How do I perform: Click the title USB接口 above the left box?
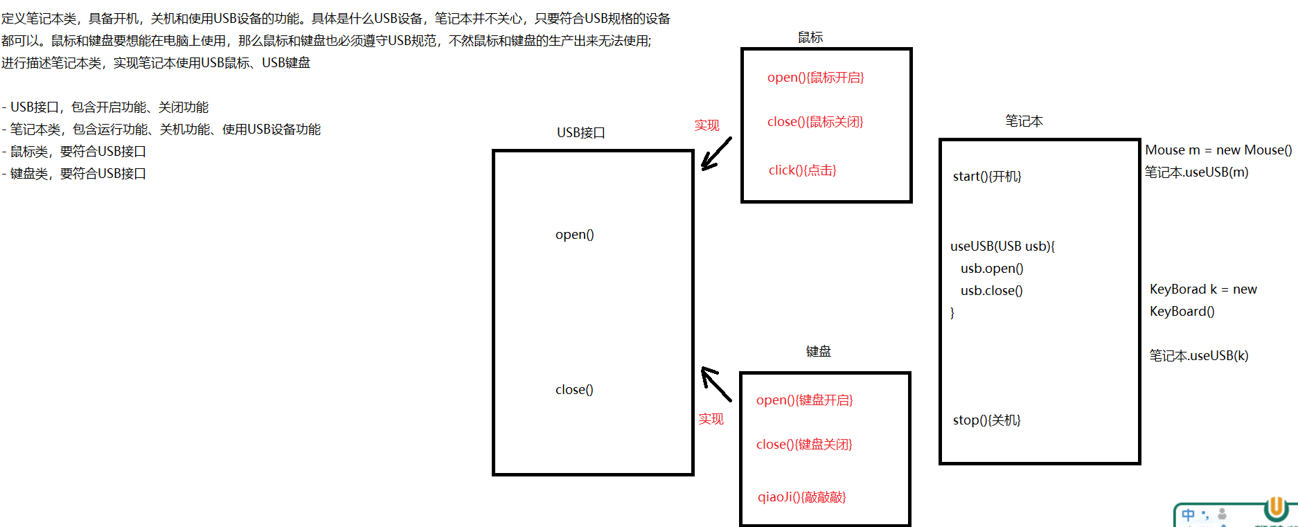[580, 132]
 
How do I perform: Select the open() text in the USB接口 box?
[574, 235]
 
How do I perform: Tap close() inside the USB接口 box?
[574, 390]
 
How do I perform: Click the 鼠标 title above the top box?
[810, 37]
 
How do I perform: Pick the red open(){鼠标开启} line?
[815, 78]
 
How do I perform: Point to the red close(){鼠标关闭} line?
[815, 122]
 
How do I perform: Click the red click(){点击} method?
[802, 170]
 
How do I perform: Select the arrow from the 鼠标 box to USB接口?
[716, 153]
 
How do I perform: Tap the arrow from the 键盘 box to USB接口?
[716, 384]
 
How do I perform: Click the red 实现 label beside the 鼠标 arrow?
[706, 125]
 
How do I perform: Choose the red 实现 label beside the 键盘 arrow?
[711, 419]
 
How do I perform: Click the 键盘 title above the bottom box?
[818, 352]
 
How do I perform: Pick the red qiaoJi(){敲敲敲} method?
[801, 497]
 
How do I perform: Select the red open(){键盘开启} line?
[804, 400]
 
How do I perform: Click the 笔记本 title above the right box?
[1024, 121]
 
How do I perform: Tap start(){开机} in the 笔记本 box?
[987, 177]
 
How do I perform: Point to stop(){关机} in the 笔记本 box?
[986, 420]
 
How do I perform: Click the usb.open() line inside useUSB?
[992, 269]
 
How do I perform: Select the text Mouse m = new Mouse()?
[1218, 150]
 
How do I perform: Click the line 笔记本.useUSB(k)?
[1199, 356]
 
